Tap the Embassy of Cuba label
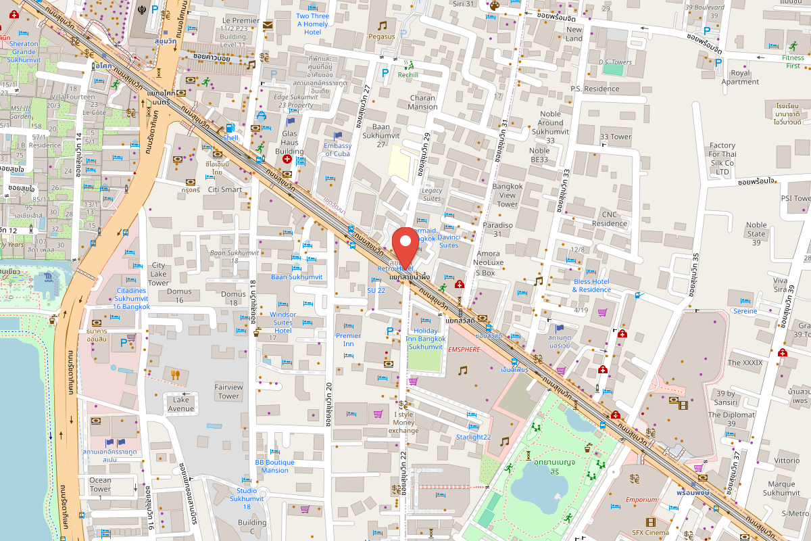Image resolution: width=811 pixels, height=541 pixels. pyautogui.click(x=337, y=149)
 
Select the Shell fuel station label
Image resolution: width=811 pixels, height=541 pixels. pyautogui.click(x=231, y=137)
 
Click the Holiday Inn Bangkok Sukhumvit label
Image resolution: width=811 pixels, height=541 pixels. pyautogui.click(x=425, y=338)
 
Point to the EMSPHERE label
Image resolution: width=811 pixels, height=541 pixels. pyautogui.click(x=464, y=350)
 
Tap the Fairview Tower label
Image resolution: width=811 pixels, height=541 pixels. pyautogui.click(x=228, y=391)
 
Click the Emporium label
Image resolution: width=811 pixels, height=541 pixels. pyautogui.click(x=641, y=500)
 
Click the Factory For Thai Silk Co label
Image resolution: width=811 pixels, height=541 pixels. pyautogui.click(x=722, y=159)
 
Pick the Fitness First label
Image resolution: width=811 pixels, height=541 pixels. pyautogui.click(x=793, y=62)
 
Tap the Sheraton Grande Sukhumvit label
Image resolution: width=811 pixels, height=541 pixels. pyautogui.click(x=24, y=51)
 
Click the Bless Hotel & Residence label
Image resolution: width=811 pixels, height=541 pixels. pyautogui.click(x=591, y=285)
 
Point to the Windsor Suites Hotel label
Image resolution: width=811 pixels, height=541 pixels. pyautogui.click(x=282, y=322)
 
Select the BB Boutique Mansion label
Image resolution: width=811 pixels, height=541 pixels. pyautogui.click(x=274, y=466)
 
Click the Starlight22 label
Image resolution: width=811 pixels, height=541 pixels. pyautogui.click(x=473, y=437)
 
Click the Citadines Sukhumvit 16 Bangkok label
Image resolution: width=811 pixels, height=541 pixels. pyautogui.click(x=122, y=298)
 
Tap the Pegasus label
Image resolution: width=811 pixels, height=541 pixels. pyautogui.click(x=381, y=37)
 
